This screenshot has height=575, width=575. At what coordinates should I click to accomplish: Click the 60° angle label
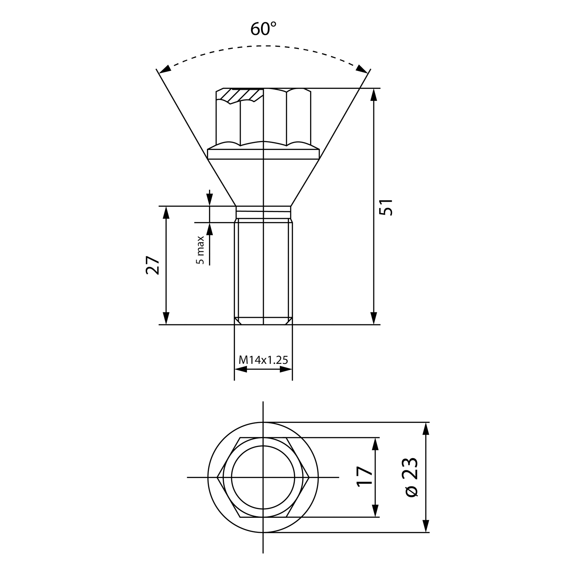(263, 29)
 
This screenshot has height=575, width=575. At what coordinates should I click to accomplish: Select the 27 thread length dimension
(152, 265)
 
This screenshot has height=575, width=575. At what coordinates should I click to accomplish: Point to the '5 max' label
(200, 250)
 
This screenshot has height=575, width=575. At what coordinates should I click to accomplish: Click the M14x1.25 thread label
(263, 360)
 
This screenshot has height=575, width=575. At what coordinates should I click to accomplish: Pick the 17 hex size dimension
(365, 477)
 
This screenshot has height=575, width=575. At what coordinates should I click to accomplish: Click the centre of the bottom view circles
(263, 477)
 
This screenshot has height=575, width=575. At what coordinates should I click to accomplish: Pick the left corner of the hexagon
(217, 477)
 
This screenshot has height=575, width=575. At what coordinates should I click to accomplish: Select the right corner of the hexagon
(309, 477)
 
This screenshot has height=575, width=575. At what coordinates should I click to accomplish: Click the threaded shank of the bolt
(263, 268)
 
